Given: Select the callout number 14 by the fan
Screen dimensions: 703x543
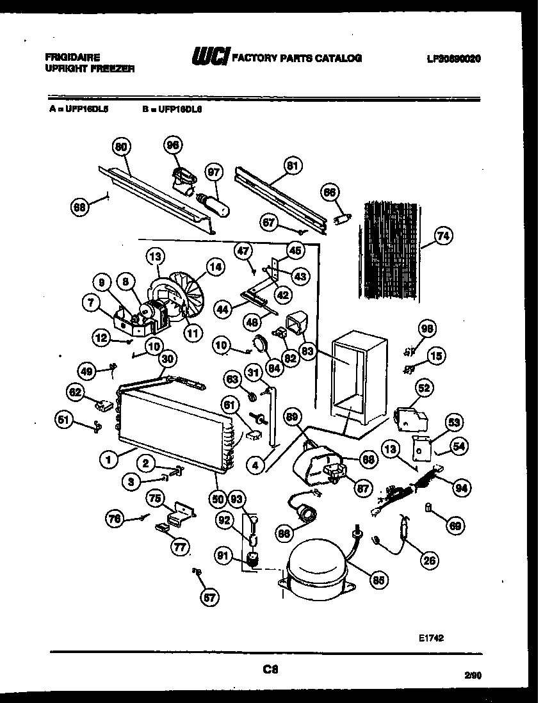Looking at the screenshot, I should tap(215, 267).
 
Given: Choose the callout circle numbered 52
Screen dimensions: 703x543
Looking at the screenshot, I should tap(424, 387).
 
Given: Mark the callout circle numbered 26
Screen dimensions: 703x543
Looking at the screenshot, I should tap(430, 561).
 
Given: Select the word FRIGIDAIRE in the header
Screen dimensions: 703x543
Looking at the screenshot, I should tap(72, 56).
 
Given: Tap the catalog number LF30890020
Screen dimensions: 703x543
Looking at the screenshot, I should tap(453, 58).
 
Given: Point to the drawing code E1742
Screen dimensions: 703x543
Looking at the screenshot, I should tap(432, 638).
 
